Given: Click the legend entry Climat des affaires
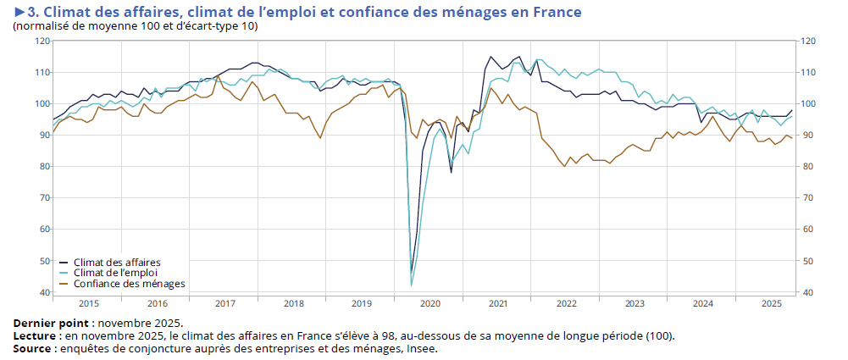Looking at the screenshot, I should pyautogui.click(x=117, y=262).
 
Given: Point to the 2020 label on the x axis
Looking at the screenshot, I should pyautogui.click(x=430, y=302).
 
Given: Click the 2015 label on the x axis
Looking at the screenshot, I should pyautogui.click(x=88, y=302).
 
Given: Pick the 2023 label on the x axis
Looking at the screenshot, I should pyautogui.click(x=635, y=302).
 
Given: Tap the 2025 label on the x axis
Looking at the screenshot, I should pyautogui.click(x=771, y=302).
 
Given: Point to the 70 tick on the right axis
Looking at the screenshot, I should pyautogui.click(x=808, y=198).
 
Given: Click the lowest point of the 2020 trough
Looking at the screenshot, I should pyautogui.click(x=412, y=285).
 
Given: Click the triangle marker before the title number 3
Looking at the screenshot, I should pyautogui.click(x=19, y=12).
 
